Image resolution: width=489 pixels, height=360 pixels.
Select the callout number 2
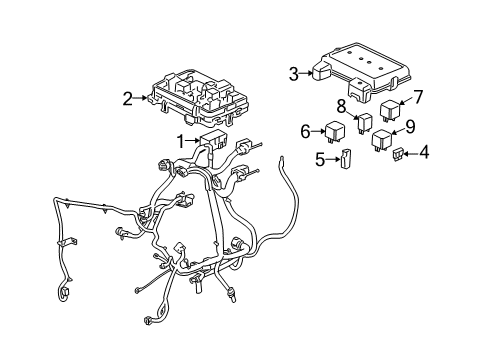pyautogui.click(x=128, y=98)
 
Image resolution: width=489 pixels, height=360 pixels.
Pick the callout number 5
pyautogui.click(x=320, y=158)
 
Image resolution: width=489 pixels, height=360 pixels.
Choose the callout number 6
pyautogui.click(x=306, y=130)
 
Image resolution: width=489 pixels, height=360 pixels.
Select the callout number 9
pyautogui.click(x=409, y=126)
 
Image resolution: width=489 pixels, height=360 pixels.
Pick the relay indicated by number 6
pyautogui.click(x=334, y=131)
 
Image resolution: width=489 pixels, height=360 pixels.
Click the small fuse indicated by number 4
pyautogui.click(x=399, y=153)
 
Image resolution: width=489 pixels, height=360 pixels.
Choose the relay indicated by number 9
pyautogui.click(x=382, y=140)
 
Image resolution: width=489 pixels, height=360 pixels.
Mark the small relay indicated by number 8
pyautogui.click(x=365, y=121)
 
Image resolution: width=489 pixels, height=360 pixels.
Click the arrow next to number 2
pyautogui.click(x=143, y=98)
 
